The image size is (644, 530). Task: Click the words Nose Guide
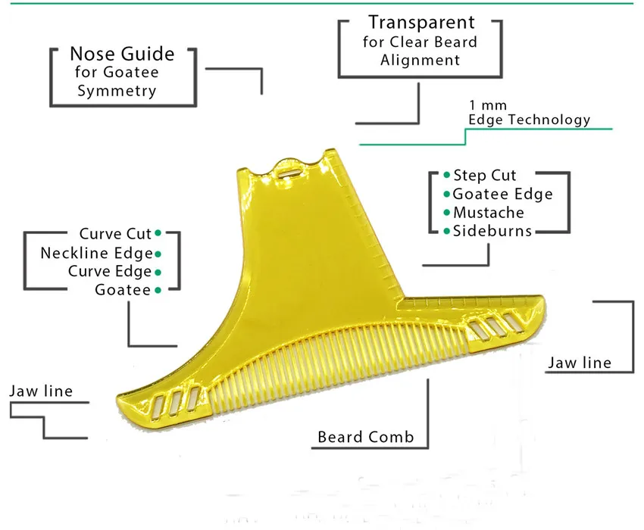coord(123,54)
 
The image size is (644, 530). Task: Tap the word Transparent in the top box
coord(421,22)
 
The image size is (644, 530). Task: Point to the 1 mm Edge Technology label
coord(529,113)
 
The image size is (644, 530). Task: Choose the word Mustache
coord(489,213)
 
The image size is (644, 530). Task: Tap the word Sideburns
coord(492,231)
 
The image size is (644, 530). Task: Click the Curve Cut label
coord(115,234)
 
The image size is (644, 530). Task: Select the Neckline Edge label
coord(96,253)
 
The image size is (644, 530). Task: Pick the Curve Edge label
coord(110,271)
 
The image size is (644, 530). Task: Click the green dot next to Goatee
coord(158,290)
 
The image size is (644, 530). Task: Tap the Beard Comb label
coord(365,437)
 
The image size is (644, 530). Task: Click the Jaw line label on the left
coord(41,391)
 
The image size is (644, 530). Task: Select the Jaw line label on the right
coord(580,363)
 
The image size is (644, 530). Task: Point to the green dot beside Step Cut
coord(447,176)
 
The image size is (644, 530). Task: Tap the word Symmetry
coord(117,91)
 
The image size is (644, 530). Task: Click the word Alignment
coord(420,61)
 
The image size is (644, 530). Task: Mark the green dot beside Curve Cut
coord(158,234)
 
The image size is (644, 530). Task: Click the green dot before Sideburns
coord(447,231)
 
